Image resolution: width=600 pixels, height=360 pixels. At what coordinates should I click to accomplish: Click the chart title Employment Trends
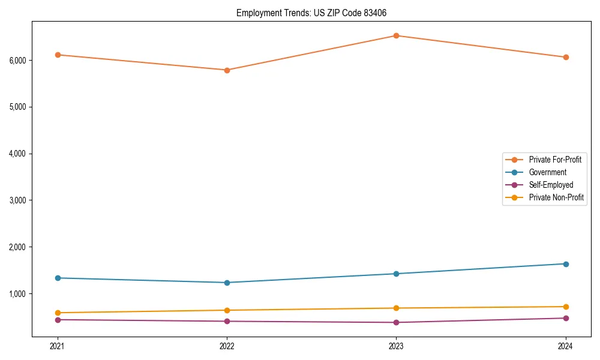click(x=316, y=13)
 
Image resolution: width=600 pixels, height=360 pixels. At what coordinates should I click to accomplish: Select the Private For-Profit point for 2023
click(x=396, y=35)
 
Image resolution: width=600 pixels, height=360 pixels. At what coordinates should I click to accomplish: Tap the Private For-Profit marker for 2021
click(x=58, y=55)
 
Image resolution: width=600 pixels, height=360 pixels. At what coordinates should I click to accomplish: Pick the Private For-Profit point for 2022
click(x=227, y=70)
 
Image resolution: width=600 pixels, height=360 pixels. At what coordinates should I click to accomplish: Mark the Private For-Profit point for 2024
click(x=566, y=57)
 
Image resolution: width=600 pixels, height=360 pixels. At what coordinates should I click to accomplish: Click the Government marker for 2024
click(x=566, y=264)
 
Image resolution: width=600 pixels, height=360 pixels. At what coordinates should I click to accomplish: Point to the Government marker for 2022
click(x=227, y=283)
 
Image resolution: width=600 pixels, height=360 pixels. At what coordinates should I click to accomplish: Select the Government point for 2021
click(x=58, y=278)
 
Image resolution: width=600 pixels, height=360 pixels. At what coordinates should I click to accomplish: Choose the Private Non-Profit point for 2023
click(x=396, y=308)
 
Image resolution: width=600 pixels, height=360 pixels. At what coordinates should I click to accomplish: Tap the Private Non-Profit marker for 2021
click(x=58, y=313)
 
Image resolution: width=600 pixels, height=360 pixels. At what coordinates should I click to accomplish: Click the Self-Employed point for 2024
click(x=566, y=318)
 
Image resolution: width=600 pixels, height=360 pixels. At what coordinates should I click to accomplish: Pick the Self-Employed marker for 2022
click(x=227, y=321)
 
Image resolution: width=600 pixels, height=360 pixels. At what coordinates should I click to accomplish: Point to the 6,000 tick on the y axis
click(x=17, y=61)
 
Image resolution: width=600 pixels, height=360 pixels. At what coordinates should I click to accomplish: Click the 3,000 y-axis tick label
click(x=17, y=200)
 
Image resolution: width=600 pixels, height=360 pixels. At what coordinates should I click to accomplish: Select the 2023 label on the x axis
click(x=396, y=346)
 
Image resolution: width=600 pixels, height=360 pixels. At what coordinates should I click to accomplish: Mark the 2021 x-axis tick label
click(x=58, y=346)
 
